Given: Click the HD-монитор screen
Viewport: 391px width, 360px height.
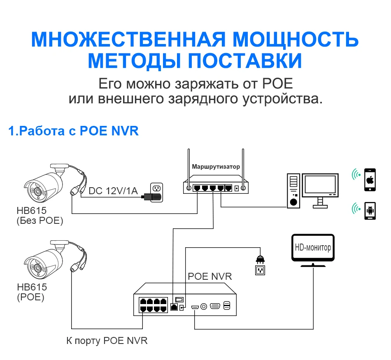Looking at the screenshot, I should click(313, 248).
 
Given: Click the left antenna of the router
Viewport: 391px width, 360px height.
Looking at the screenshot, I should click(189, 169).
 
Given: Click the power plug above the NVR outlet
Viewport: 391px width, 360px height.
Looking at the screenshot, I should click(260, 259).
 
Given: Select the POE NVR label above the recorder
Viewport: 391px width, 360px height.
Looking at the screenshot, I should click(210, 276).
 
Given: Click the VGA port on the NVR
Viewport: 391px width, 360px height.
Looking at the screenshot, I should click(214, 306).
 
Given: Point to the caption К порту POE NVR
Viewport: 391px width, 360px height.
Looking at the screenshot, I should click(107, 341).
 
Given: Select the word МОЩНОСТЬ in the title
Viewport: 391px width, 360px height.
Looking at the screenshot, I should click(296, 40).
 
